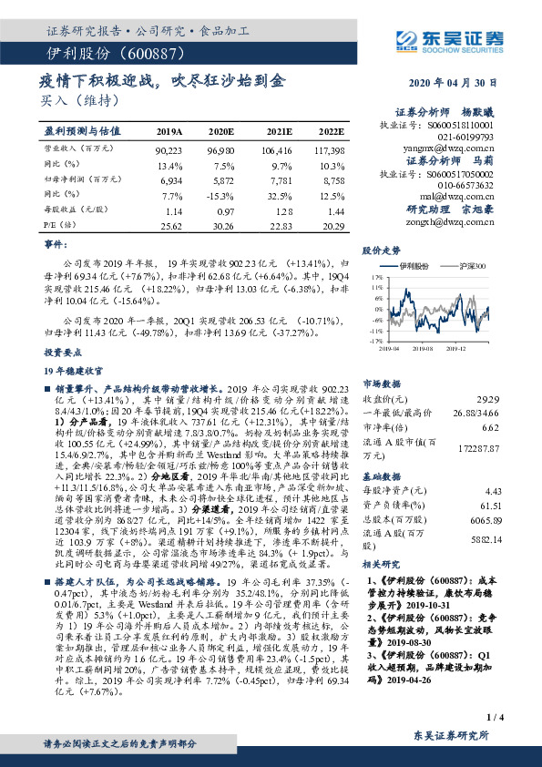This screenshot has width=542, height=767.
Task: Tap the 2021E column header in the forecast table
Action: [x=278, y=131]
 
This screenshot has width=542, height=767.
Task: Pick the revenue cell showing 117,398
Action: [x=330, y=148]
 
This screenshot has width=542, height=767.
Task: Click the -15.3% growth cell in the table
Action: [x=227, y=195]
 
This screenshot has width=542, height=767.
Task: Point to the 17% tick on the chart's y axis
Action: [x=375, y=274]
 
